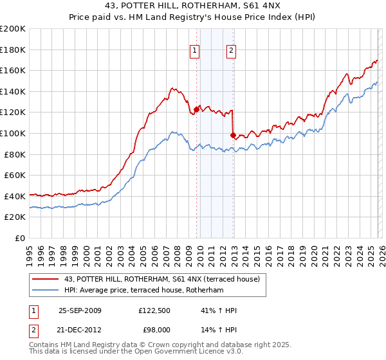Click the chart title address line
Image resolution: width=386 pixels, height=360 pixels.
[x=192, y=6]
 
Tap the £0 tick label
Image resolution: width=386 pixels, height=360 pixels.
[x=19, y=238]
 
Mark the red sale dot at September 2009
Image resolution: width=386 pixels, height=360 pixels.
[x=196, y=109]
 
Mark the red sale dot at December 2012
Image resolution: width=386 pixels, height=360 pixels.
[x=233, y=135]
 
